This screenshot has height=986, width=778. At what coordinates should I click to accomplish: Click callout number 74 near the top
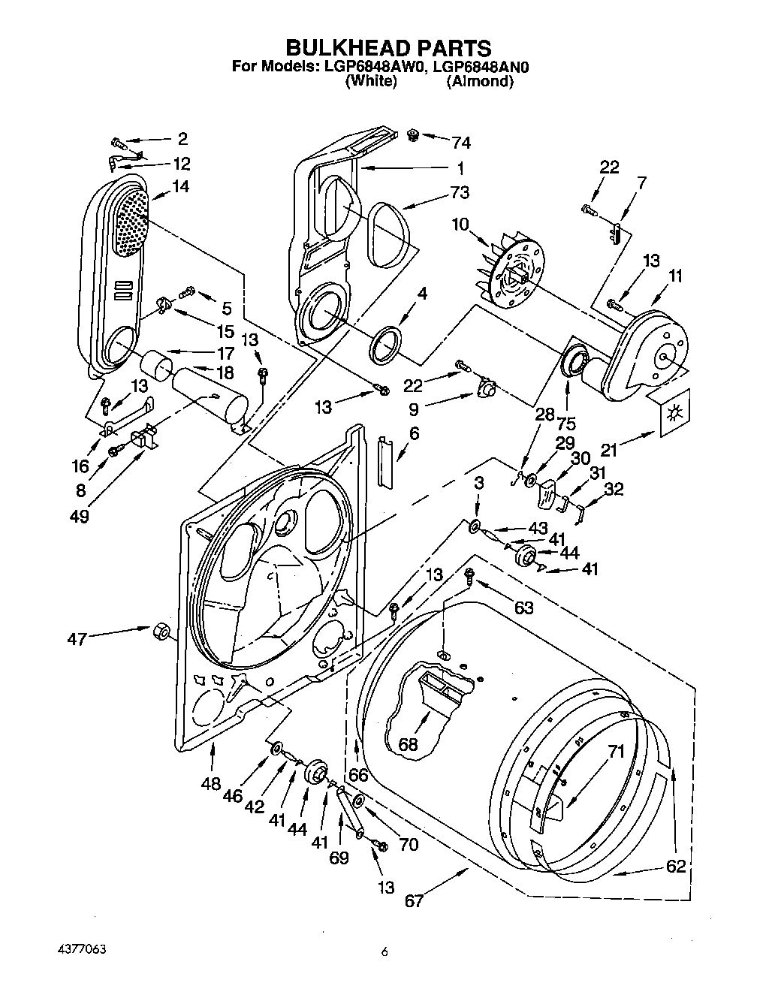[460, 143]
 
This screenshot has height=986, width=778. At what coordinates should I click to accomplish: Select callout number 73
[460, 192]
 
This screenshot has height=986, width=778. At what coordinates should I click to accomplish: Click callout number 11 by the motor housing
[675, 276]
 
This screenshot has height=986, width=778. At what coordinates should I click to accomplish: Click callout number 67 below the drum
[415, 900]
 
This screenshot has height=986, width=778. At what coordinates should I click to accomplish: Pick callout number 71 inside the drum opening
[616, 750]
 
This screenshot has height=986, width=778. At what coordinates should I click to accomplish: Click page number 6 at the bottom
[384, 952]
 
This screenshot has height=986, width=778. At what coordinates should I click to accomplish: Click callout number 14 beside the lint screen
[180, 186]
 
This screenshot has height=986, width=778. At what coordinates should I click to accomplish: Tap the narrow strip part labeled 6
[384, 462]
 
